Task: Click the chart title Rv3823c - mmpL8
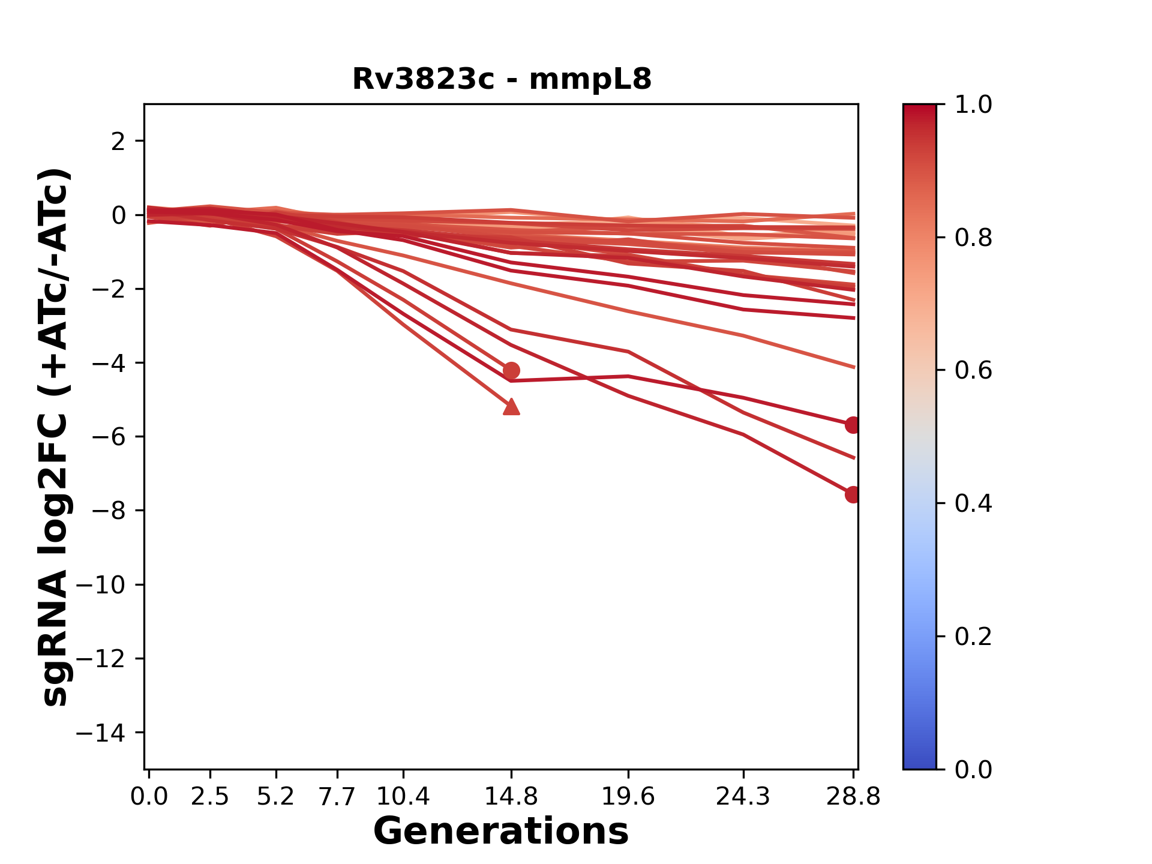502,79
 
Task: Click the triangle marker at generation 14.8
511,407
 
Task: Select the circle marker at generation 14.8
511,370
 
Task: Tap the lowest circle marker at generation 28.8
853,494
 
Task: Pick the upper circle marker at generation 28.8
853,425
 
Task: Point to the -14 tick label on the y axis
100,733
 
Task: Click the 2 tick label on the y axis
119,142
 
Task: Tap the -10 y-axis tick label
100,585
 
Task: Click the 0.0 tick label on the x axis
149,797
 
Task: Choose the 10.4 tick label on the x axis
403,797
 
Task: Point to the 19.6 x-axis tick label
628,797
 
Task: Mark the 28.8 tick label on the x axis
853,797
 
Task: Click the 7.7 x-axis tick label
337,797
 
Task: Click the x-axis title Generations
501,832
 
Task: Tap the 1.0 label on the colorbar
973,105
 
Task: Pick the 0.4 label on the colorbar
973,503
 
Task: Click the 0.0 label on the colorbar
973,769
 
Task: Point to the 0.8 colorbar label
973,238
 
